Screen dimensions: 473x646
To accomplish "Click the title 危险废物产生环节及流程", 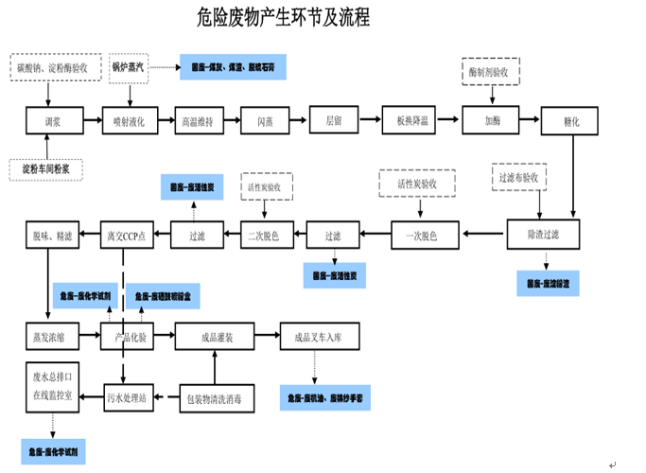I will click(x=284, y=18).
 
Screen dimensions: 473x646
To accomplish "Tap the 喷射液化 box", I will click(x=129, y=121).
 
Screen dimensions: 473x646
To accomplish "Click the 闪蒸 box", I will click(x=266, y=121).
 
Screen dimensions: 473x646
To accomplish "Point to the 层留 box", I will click(x=334, y=120).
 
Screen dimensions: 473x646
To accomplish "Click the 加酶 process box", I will click(x=492, y=120).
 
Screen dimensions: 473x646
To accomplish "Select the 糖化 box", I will click(x=571, y=121).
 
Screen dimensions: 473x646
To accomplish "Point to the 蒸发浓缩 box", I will click(x=50, y=336).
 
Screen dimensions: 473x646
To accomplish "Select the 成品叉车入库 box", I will click(x=322, y=336).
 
